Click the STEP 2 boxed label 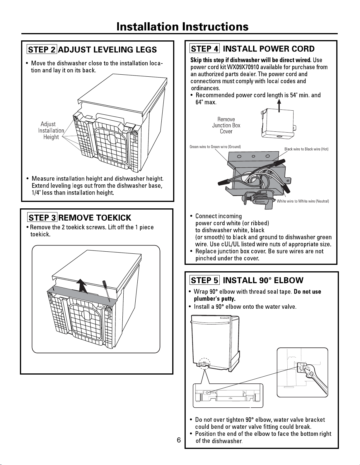click(42, 49)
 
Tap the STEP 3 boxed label click(42, 217)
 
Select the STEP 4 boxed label click(204, 49)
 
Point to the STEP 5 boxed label click(204, 280)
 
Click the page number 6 click(179, 440)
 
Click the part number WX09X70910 click(243, 67)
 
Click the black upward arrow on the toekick click(82, 285)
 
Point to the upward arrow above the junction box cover click(279, 106)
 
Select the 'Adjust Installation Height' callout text click(51, 130)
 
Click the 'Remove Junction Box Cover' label click(226, 125)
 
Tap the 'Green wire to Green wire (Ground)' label click(215, 147)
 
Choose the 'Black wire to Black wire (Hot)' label click(306, 149)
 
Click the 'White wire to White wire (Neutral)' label click(303, 201)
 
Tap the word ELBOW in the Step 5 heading click(289, 280)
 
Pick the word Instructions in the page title click(215, 27)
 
